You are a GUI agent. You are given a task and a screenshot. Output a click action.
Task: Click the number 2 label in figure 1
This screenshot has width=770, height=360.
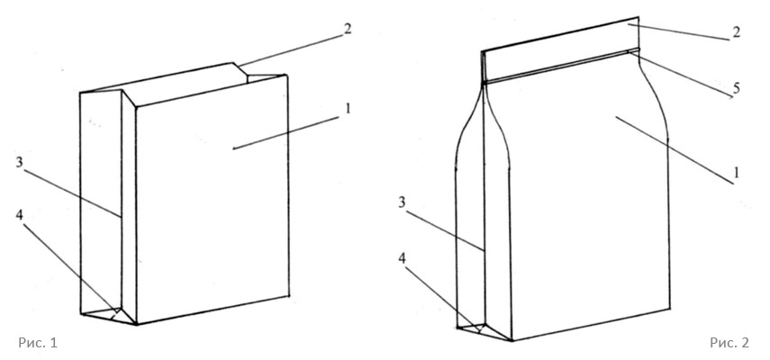point(348,29)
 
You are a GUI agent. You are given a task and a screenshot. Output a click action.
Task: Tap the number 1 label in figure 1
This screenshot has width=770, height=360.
point(349,108)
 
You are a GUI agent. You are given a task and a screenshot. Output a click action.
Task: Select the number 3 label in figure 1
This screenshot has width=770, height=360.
point(20,162)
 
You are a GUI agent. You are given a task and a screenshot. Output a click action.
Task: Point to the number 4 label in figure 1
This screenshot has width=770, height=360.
point(20,215)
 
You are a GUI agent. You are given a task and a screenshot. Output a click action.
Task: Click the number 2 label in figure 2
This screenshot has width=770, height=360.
point(736,32)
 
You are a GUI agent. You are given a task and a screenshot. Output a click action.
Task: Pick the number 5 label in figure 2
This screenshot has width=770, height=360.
point(736,88)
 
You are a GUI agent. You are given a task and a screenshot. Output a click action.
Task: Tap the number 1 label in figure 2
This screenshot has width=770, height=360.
point(736,172)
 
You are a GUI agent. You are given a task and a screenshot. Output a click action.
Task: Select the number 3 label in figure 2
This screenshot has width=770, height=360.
point(403,202)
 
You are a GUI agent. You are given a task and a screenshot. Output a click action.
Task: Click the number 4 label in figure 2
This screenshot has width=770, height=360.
point(403,259)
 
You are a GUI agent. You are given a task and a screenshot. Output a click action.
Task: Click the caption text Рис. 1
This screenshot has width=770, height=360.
point(38,343)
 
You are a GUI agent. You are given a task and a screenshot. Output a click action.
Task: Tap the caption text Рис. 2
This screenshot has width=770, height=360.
point(729,343)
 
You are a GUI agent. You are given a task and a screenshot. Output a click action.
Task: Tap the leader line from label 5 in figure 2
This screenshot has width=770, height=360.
point(680,75)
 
